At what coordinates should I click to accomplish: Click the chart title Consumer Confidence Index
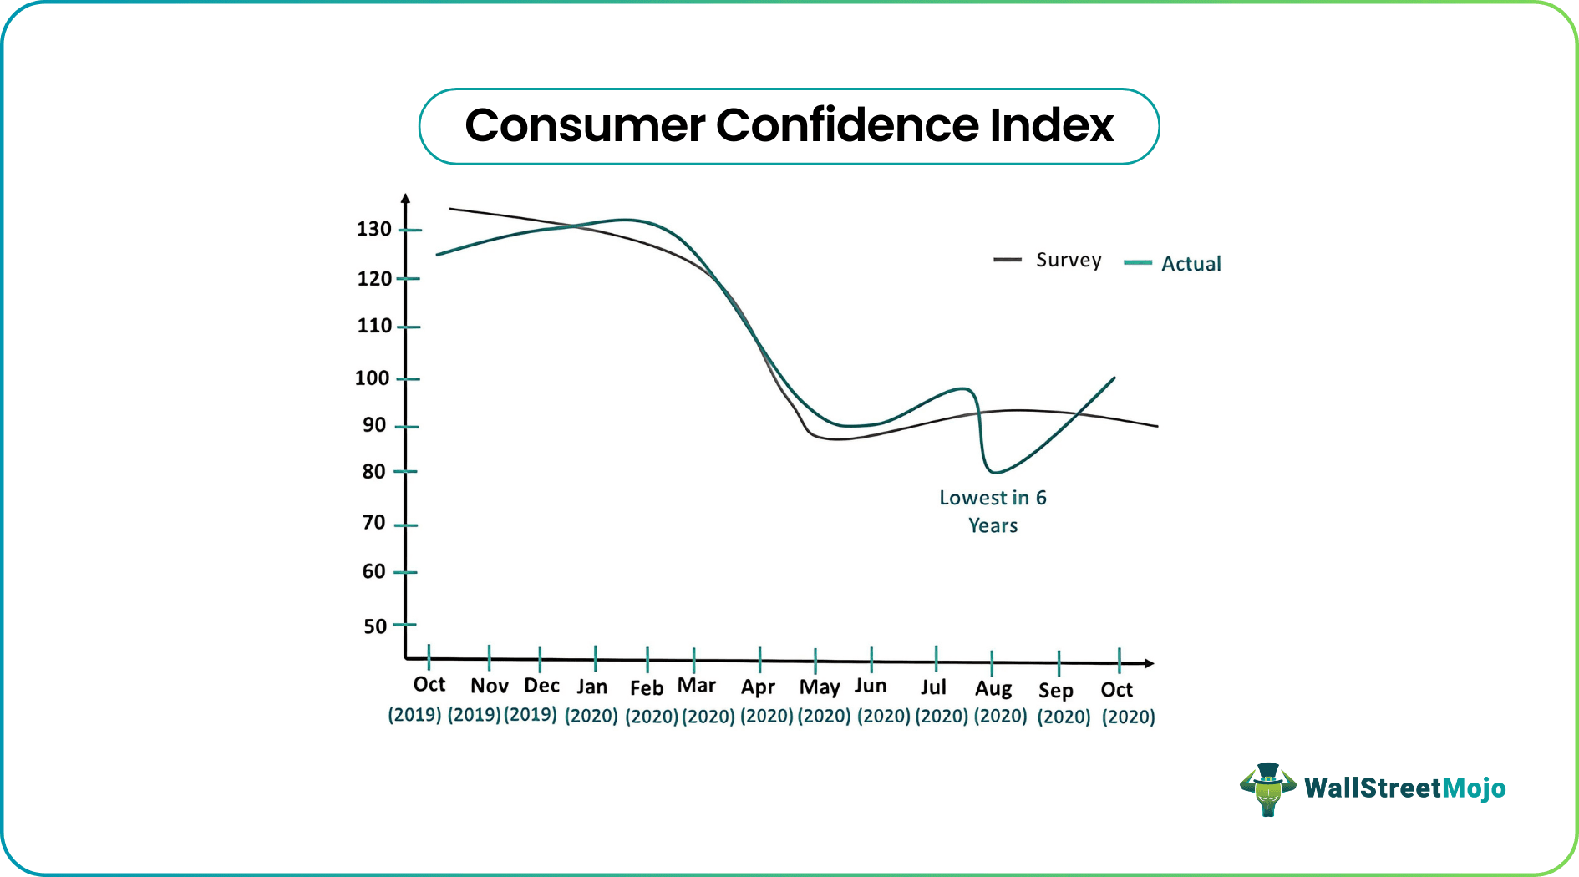pos(789,125)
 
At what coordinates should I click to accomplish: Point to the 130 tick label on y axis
pos(373,229)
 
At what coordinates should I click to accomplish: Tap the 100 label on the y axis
pos(372,378)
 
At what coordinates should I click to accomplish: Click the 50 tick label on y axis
pos(375,626)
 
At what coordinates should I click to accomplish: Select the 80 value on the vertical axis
pos(373,472)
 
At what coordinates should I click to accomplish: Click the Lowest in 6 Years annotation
pos(993,511)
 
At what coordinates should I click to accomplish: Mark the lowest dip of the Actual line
pos(994,472)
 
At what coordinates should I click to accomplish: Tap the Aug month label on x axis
pos(993,689)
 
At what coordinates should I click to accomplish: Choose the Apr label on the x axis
pos(758,687)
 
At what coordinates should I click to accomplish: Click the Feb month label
pos(647,688)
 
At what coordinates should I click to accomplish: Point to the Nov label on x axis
pos(489,687)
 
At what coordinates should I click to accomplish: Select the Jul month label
pos(933,687)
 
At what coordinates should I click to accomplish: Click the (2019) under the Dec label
pos(531,715)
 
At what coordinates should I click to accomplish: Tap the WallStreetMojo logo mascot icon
pos(1267,788)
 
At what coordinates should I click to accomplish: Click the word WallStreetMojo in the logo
pos(1404,788)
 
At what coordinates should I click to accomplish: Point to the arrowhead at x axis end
pos(1150,663)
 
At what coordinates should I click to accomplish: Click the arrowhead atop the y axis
pos(405,199)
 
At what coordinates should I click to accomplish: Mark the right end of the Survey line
pos(1156,426)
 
